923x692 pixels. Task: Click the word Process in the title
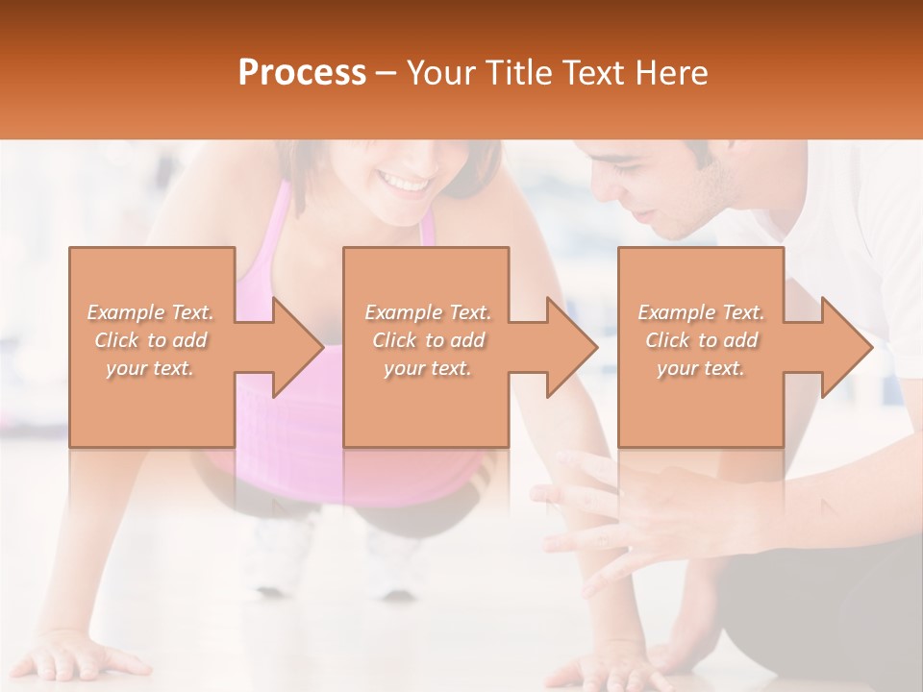pos(302,73)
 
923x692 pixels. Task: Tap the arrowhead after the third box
pos(845,347)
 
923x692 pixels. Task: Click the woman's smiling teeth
pos(405,181)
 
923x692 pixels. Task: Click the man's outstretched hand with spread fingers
pos(615,519)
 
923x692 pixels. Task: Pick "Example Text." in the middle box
pos(427,312)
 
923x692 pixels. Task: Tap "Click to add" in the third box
pos(701,340)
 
